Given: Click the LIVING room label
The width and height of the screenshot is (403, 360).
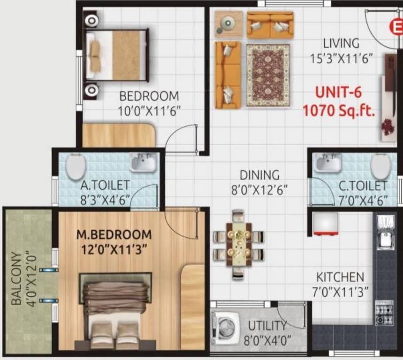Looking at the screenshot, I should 341,44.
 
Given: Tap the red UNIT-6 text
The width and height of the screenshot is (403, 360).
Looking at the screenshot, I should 338,92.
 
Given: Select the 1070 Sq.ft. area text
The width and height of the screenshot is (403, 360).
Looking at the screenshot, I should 338,111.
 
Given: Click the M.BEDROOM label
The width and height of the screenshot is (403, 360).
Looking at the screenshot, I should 114,234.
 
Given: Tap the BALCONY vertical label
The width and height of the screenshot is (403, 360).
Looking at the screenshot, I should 16,279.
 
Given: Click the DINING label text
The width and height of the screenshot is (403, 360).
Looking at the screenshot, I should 259,175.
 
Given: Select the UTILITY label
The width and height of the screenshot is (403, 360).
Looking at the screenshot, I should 267,325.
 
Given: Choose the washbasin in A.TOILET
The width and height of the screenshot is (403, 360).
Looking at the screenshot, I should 142,163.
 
